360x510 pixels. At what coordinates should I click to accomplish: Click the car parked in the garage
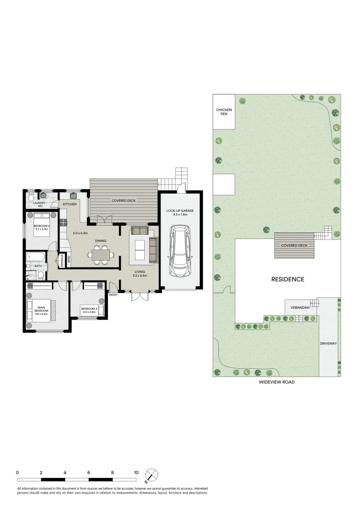[x=180, y=251]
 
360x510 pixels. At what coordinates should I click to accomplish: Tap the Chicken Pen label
[x=224, y=112]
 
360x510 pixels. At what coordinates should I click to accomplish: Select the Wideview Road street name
[x=276, y=382]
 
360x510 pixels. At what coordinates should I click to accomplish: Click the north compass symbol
[x=152, y=475]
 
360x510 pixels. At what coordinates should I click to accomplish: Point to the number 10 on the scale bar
[x=136, y=472]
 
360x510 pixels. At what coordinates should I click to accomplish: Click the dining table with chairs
[x=100, y=255]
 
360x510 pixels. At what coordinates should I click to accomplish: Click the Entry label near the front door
[x=113, y=295]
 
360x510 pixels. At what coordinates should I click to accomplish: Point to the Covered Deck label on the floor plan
[x=124, y=201]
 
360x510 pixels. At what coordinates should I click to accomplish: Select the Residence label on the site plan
[x=287, y=279]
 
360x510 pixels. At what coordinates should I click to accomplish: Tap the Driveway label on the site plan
[x=328, y=343]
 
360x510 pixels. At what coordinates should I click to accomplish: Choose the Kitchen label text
[x=70, y=204]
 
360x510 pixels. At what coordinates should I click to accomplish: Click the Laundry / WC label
[x=38, y=204]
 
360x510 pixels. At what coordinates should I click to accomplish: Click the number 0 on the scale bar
[x=17, y=472]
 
